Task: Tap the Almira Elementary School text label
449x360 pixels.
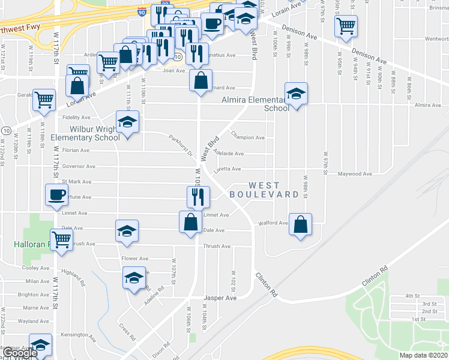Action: (262, 104)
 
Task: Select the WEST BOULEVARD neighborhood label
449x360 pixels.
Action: (264, 190)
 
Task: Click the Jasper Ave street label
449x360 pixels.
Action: (220, 298)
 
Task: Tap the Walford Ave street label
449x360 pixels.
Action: (273, 223)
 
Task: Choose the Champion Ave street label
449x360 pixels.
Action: (248, 137)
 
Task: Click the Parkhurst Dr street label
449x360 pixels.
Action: (180, 145)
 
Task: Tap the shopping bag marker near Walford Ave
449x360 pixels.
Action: (300, 224)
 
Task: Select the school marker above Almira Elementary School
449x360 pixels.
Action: (296, 93)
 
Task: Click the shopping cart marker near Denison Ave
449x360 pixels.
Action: (346, 26)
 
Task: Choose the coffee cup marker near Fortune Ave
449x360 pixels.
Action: (57, 194)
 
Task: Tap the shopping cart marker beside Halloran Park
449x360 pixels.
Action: (62, 239)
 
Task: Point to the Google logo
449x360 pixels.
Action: (19, 353)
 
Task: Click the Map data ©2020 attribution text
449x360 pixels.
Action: (423, 355)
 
